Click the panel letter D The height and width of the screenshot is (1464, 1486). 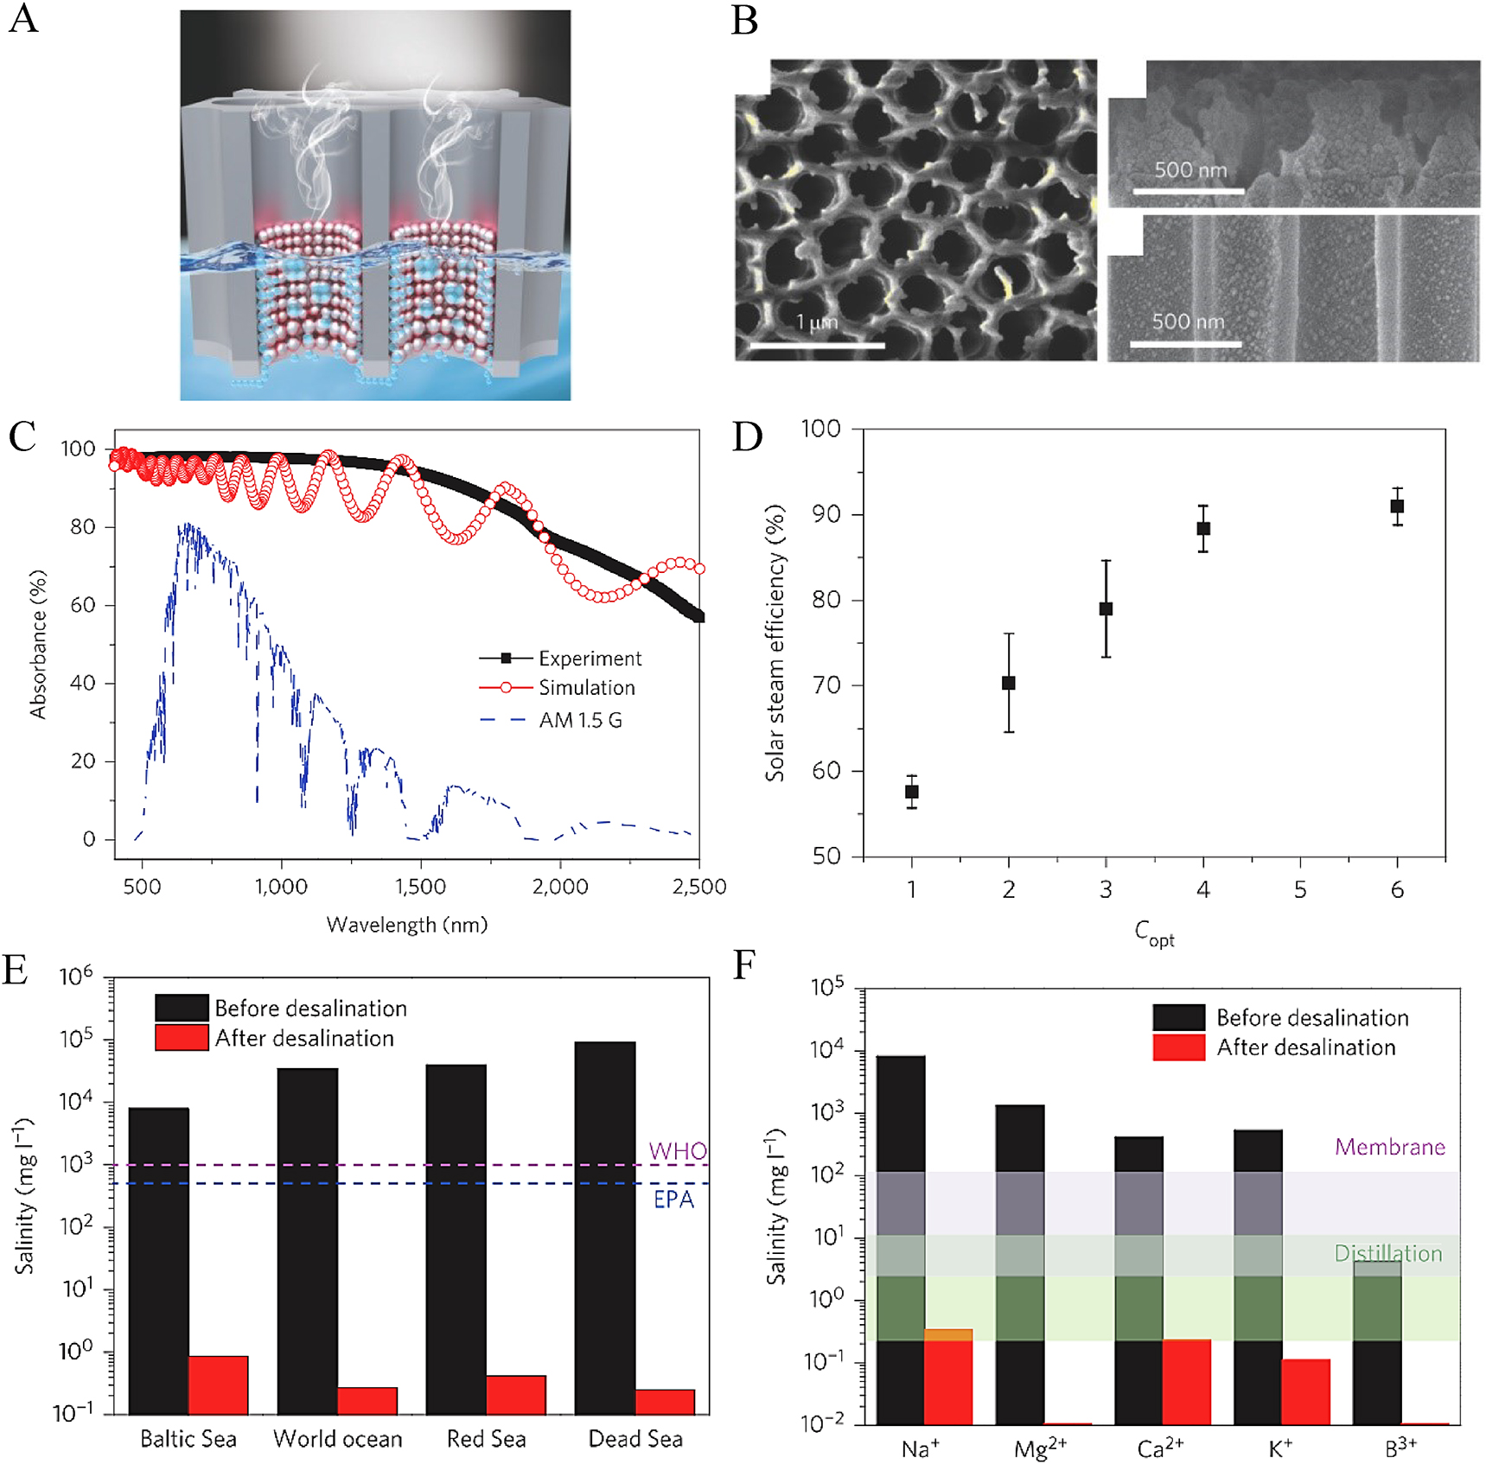point(748,436)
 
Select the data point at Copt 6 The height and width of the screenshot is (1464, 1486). point(1397,506)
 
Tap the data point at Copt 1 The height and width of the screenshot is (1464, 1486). point(911,792)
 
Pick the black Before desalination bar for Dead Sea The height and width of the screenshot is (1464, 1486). point(605,1227)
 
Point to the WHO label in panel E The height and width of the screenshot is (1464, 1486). point(678,1151)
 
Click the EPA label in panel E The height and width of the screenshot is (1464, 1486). point(673,1200)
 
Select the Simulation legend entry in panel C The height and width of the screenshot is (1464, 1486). point(586,688)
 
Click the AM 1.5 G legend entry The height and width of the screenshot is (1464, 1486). point(580,720)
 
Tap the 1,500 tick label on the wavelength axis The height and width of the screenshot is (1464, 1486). point(420,887)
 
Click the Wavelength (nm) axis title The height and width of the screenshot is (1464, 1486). point(406,925)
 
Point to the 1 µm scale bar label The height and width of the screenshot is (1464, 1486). point(817,322)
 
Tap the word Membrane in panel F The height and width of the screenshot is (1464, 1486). point(1389,1147)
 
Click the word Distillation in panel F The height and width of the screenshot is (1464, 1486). point(1387,1253)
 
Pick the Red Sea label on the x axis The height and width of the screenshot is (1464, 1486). point(486,1439)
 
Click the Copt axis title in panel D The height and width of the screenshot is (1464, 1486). point(1154,933)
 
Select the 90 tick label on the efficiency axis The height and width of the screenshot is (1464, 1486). point(826,514)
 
